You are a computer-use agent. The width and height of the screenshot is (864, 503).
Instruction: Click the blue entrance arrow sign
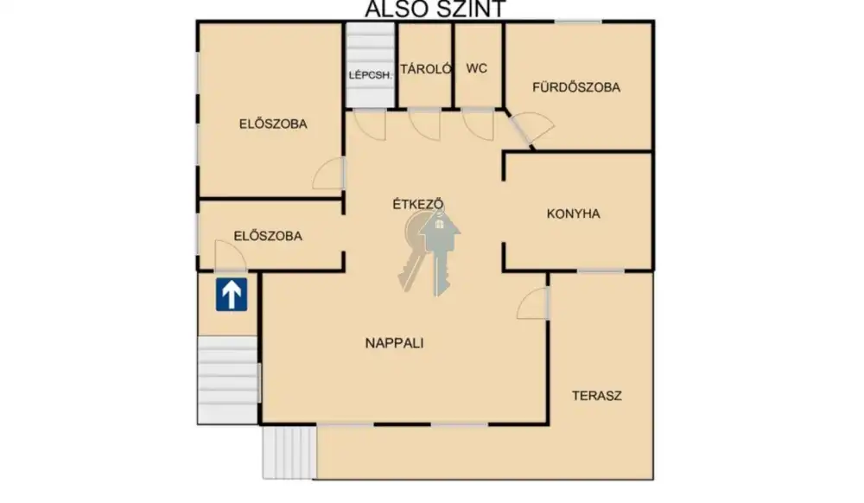click(232, 294)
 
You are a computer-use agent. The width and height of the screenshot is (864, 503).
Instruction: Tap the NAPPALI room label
click(395, 343)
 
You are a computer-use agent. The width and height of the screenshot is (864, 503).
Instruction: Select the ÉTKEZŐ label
click(418, 204)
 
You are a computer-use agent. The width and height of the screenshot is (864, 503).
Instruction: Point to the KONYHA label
click(573, 213)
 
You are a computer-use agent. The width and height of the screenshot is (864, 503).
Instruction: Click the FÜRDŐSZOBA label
click(576, 87)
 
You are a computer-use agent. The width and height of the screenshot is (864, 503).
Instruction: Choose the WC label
click(477, 68)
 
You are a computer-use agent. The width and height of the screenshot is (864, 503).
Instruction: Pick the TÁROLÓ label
click(426, 69)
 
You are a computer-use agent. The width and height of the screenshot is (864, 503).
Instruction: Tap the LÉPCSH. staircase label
click(371, 75)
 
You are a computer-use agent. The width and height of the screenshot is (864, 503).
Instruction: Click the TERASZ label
click(597, 396)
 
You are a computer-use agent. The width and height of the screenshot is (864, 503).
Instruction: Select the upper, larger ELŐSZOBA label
click(273, 124)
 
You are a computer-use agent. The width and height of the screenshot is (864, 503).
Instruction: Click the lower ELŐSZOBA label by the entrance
click(268, 236)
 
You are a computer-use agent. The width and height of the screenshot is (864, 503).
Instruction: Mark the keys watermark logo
click(429, 252)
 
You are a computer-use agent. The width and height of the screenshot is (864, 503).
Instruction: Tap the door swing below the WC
click(478, 124)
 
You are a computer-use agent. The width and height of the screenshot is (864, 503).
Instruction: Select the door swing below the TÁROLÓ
click(425, 124)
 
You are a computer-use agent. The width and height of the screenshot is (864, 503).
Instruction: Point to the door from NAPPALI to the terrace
click(533, 303)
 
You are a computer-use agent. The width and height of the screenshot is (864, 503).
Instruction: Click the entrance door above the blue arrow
click(231, 256)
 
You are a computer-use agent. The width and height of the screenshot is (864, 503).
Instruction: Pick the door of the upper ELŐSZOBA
click(329, 174)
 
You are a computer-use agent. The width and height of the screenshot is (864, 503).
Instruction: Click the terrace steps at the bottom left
click(289, 452)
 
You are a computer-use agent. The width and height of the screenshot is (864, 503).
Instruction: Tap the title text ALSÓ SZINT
click(435, 9)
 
